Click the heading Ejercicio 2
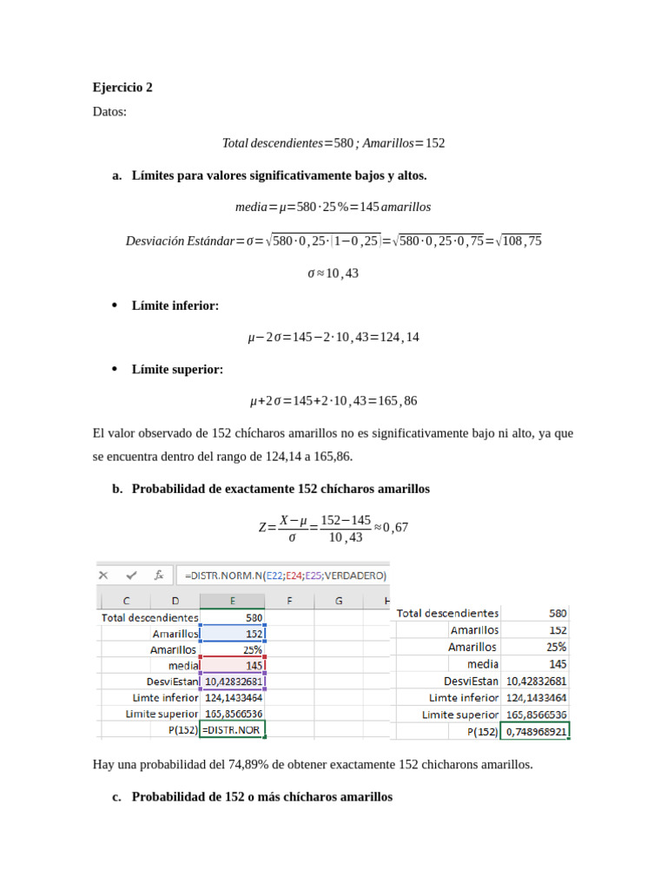pyautogui.click(x=122, y=88)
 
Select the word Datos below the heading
pyautogui.click(x=109, y=111)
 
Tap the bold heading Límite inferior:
pyautogui.click(x=175, y=306)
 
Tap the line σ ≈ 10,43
pyautogui.click(x=333, y=273)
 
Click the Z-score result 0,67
pyautogui.click(x=395, y=527)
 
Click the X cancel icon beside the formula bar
pyautogui.click(x=103, y=575)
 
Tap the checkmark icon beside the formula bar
pyautogui.click(x=131, y=575)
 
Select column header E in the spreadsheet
pyautogui.click(x=232, y=601)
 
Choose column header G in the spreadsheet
pyautogui.click(x=338, y=601)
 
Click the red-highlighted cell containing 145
pyautogui.click(x=232, y=665)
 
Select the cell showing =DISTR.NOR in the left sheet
pyautogui.click(x=232, y=730)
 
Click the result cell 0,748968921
pyautogui.click(x=536, y=731)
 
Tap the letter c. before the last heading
pyautogui.click(x=116, y=796)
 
